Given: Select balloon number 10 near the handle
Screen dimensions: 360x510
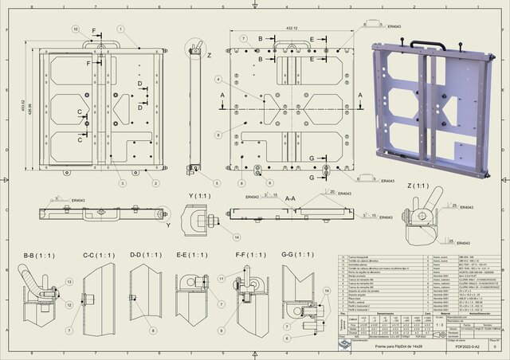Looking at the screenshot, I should pyautogui.click(x=76, y=29).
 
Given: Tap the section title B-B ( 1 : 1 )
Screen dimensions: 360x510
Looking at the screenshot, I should pyautogui.click(x=41, y=255).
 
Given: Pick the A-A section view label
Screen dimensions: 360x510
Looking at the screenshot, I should pyautogui.click(x=290, y=198).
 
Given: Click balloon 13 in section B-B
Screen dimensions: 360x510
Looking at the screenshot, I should pyautogui.click(x=69, y=282).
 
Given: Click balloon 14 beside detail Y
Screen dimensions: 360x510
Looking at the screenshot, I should pyautogui.click(x=237, y=237).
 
